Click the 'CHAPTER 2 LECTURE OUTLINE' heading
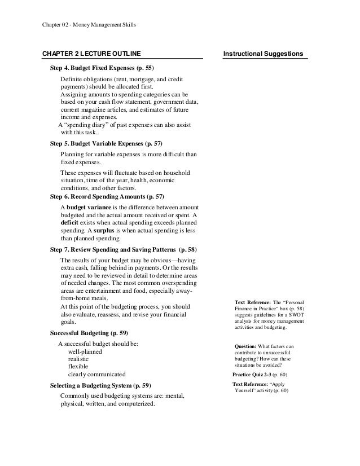tap(92, 54)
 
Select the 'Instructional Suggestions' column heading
tap(264, 54)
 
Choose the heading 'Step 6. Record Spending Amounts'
tap(107, 196)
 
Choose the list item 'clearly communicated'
tap(97, 375)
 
